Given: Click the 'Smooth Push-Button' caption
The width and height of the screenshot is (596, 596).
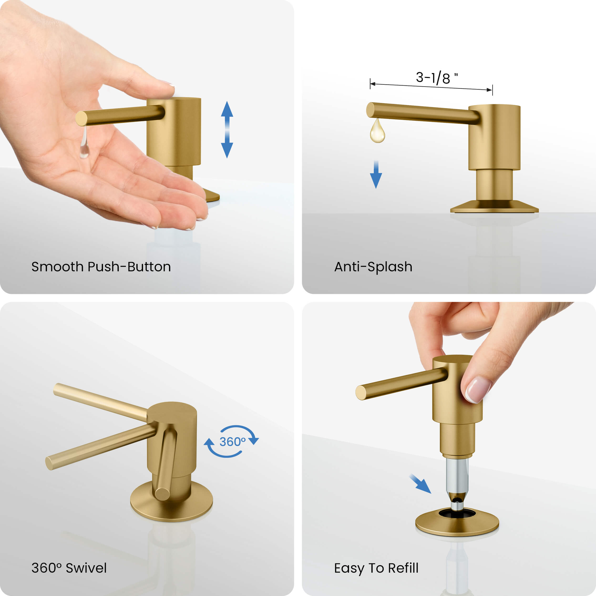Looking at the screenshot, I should tap(101, 267).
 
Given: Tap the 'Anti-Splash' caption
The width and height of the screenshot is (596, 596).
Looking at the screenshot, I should tap(373, 267).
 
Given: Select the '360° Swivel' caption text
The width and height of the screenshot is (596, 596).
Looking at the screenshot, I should tap(69, 568).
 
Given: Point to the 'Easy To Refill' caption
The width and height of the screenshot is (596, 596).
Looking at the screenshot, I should tap(376, 568).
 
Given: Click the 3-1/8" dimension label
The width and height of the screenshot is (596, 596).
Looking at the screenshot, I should tap(436, 78).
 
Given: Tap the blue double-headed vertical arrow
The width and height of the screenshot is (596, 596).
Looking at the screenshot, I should tap(227, 129).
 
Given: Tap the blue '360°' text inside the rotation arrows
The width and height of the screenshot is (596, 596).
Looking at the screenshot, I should tap(232, 442).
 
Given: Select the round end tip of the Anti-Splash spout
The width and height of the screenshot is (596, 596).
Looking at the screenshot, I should tap(370, 110).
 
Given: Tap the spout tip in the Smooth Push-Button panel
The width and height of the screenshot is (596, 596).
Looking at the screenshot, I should tap(81, 118).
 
